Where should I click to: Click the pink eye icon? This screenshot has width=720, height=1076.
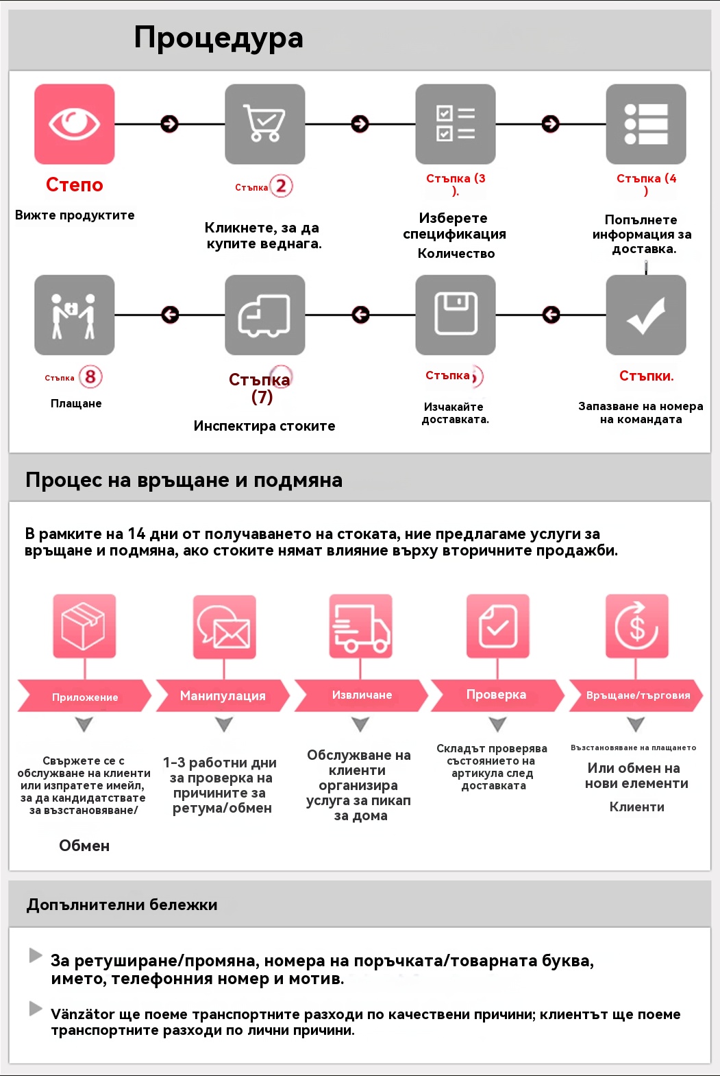point(75,124)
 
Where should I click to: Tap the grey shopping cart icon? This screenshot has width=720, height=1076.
point(265,124)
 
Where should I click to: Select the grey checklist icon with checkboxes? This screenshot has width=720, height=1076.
point(456,124)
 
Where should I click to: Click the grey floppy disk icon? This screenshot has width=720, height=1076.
point(456,315)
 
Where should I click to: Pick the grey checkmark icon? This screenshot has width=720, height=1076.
point(646,315)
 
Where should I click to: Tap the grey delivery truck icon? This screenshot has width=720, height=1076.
point(265,315)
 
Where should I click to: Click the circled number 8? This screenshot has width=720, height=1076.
point(90,376)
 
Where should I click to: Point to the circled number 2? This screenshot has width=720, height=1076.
point(281,186)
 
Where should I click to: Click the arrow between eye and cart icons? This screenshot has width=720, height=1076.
point(169,124)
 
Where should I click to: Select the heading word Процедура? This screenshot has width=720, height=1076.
point(219,38)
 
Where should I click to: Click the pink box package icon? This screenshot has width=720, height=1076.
point(84,626)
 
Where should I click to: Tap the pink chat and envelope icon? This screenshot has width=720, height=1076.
point(224,626)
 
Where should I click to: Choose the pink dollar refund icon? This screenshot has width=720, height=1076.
point(636,626)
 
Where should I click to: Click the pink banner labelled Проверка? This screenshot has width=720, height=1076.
point(497,695)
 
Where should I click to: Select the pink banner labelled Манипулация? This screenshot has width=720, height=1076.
point(223,695)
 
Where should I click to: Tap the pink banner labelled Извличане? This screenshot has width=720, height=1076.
point(362,695)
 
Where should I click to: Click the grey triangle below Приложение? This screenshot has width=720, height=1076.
point(84,724)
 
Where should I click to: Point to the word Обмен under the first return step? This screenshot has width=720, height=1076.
point(84,846)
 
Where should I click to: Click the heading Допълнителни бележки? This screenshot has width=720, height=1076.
point(122,905)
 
